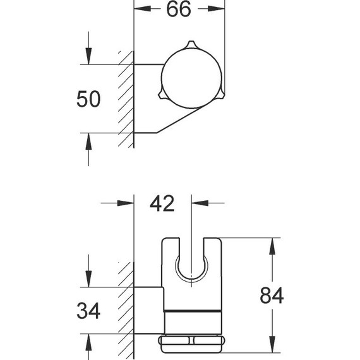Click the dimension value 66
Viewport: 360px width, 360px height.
click(179, 11)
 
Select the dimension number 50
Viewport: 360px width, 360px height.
click(88, 100)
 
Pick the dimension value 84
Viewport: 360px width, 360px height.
click(271, 296)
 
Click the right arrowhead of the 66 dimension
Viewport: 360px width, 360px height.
click(219, 11)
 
